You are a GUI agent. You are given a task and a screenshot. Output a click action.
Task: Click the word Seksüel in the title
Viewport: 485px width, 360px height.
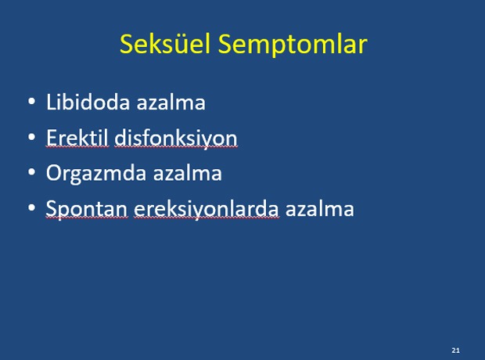165,44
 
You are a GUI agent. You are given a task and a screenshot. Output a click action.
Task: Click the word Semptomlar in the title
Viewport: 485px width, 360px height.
293,45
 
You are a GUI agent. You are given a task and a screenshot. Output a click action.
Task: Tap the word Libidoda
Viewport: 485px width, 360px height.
88,102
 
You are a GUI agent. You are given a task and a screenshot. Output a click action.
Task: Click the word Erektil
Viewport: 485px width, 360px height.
77,137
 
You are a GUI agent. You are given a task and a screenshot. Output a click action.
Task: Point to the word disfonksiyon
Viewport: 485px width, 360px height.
176,138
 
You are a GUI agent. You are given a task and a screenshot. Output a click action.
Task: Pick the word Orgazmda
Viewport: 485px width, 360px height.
96,173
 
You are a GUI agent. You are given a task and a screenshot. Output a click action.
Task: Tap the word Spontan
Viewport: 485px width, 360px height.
87,209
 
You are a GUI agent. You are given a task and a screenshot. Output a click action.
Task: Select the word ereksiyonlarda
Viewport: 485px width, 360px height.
207,209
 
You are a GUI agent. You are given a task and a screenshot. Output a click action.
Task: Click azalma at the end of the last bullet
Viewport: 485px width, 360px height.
319,208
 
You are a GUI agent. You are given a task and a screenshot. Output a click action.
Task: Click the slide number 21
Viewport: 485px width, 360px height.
455,351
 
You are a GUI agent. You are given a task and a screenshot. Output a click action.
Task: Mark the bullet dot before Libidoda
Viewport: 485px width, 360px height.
31,102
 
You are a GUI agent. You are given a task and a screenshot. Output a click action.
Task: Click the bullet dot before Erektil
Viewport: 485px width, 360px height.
31,137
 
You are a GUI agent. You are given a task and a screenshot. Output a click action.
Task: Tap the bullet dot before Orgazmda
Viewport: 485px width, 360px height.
31,172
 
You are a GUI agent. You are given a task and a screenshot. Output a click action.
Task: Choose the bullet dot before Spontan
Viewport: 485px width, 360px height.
31,207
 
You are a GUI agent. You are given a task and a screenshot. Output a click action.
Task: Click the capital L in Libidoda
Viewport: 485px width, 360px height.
51,102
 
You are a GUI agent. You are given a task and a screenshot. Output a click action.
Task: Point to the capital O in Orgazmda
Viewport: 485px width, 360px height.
54,172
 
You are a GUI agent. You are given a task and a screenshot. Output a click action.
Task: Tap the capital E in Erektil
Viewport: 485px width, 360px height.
52,137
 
